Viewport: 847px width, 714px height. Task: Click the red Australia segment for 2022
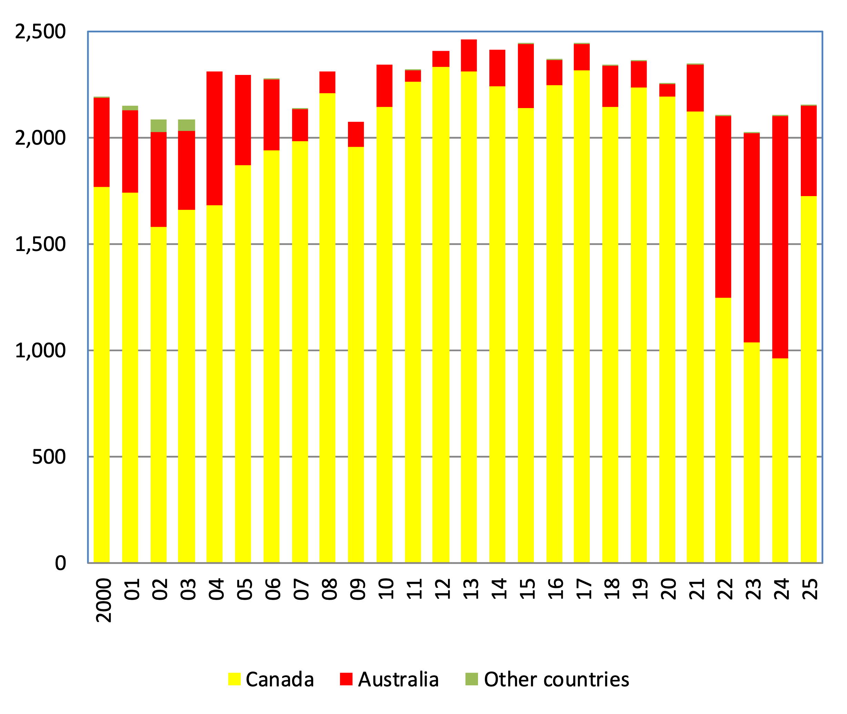click(x=723, y=206)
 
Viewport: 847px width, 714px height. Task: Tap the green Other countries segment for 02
click(x=159, y=125)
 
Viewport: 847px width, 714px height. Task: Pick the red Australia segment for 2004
click(x=214, y=138)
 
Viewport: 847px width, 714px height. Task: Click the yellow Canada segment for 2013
click(x=469, y=317)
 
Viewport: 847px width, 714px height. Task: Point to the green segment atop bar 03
click(x=186, y=125)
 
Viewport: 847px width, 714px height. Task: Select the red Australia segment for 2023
click(x=751, y=238)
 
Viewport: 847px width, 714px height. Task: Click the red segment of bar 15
click(x=526, y=76)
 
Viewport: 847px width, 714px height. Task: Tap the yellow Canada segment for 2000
click(x=101, y=374)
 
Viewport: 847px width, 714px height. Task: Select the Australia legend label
click(x=398, y=679)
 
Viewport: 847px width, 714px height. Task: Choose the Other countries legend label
click(x=556, y=679)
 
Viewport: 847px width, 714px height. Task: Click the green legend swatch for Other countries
click(x=471, y=679)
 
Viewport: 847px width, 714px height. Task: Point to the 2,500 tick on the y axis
click(x=40, y=31)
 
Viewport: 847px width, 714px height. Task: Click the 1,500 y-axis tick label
click(x=40, y=244)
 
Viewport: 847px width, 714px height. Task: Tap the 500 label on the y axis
click(x=49, y=456)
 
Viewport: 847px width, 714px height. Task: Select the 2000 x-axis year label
click(x=103, y=600)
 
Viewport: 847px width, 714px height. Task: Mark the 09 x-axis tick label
click(x=357, y=589)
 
